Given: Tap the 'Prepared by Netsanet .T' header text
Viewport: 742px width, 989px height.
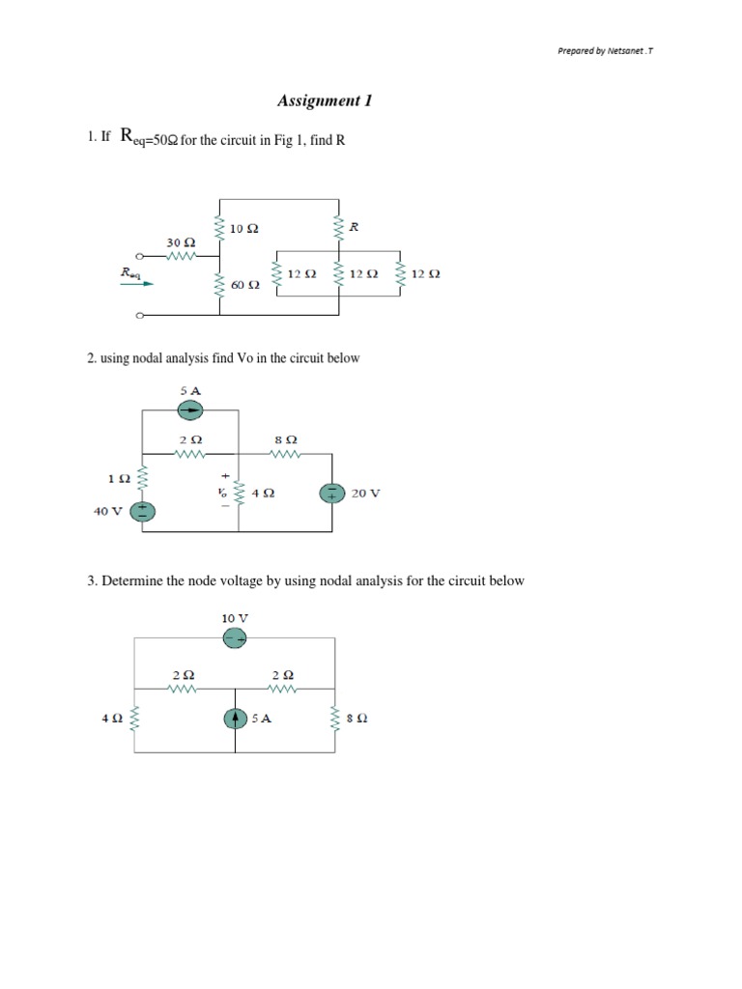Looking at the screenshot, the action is [x=605, y=52].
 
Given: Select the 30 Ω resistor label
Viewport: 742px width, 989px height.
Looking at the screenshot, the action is [x=181, y=241].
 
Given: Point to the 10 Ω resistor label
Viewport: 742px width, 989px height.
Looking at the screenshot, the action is [x=244, y=229].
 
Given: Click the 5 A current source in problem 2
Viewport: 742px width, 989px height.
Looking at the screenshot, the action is [x=189, y=411].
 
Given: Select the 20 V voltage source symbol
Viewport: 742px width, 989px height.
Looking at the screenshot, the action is [x=332, y=493].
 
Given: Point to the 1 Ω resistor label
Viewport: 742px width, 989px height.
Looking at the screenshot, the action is [x=115, y=477].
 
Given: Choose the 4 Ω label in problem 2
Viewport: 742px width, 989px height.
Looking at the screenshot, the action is [x=262, y=493].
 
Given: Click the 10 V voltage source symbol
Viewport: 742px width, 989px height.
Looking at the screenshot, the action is [x=235, y=637].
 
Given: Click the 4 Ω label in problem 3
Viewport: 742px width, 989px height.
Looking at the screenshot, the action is [x=109, y=719].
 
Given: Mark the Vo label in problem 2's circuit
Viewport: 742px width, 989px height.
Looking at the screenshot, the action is [x=222, y=492].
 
